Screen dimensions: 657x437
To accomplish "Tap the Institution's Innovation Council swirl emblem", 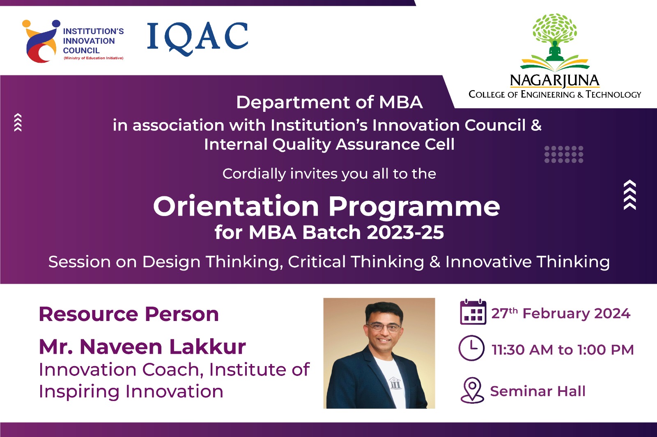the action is [x=41, y=41].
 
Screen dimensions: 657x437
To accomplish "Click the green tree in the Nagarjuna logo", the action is [x=555, y=41].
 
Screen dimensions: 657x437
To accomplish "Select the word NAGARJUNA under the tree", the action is [x=555, y=81].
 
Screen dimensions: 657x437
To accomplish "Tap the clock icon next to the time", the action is [x=471, y=348].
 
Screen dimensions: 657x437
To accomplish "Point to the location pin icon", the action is [x=472, y=390].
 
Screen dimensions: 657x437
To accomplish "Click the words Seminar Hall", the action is [x=538, y=391].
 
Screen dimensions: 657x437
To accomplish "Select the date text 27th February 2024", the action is [x=561, y=313].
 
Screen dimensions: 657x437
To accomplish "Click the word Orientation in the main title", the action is [x=236, y=206].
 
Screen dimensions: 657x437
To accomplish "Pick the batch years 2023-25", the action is [x=405, y=232].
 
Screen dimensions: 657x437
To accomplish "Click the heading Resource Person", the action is [x=129, y=314].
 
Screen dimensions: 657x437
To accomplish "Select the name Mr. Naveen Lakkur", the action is [x=142, y=347].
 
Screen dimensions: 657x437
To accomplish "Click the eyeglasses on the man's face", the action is [x=384, y=327].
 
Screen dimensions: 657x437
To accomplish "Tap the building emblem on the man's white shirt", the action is [x=395, y=383].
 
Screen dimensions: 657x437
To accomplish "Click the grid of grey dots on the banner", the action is [x=564, y=154].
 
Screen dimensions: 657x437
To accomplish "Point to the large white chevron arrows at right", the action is [x=630, y=195].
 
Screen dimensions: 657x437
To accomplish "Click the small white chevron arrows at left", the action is [x=18, y=122].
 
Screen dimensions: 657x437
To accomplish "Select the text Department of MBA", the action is [x=329, y=102].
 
